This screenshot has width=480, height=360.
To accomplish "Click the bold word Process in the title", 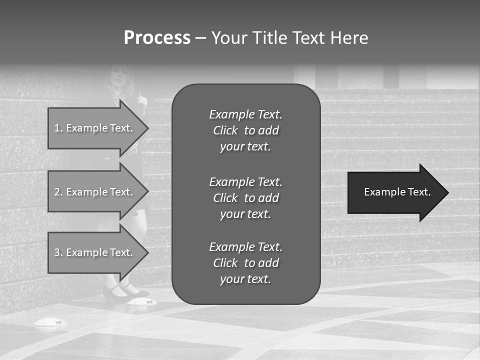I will pos(157,38).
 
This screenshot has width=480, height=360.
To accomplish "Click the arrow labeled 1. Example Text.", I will pos(95,128).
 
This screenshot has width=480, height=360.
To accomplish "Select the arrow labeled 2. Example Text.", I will pos(95,192).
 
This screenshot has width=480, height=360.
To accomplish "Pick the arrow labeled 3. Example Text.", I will pos(95,252).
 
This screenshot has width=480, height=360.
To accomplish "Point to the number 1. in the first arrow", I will pos(58,128).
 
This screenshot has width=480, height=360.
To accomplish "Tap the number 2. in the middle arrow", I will pos(58,192).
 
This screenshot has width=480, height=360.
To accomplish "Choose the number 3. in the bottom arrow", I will pos(58,252).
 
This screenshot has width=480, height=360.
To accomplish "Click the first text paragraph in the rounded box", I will pos(245,130).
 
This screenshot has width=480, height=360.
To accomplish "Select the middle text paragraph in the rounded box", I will pos(245,197).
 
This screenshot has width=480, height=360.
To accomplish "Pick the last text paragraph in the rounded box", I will pos(245,263).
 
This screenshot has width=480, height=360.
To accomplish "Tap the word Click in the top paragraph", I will pos(225,130).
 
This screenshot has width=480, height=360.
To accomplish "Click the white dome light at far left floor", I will pos(49,322).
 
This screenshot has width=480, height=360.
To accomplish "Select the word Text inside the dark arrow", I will pos(419,192).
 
